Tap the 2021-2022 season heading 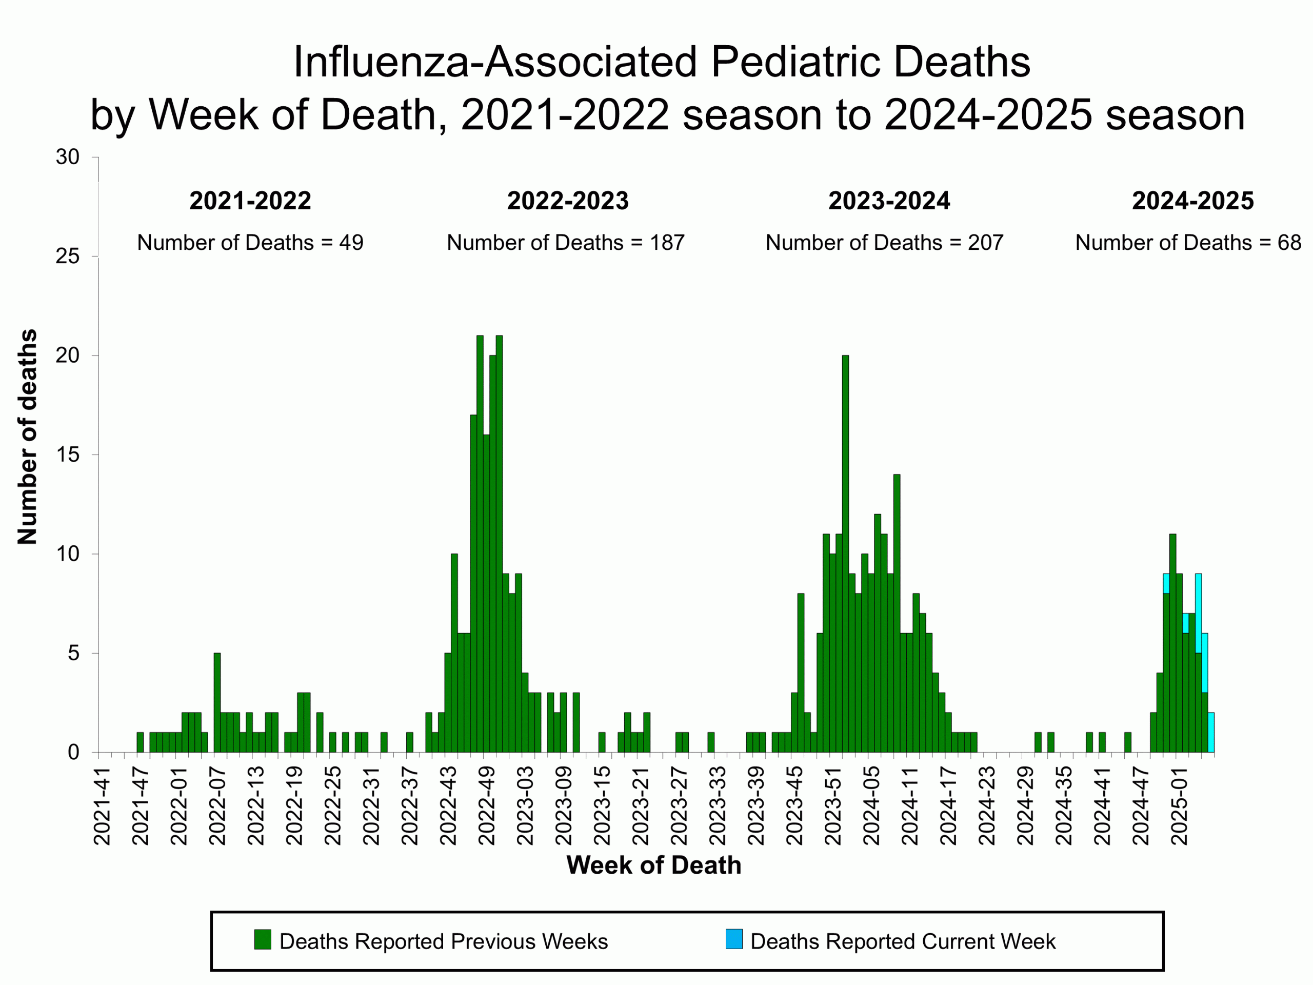[250, 201]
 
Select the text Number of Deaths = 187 [565, 243]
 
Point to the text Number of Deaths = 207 [884, 243]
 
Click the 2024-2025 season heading [1192, 201]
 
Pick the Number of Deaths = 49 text [250, 243]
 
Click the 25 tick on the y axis [68, 257]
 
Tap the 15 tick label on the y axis [68, 455]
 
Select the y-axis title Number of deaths [27, 437]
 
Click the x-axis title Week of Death [653, 865]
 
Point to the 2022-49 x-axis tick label [487, 805]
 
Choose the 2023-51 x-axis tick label [833, 805]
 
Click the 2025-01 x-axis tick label [1179, 805]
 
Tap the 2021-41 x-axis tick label [102, 805]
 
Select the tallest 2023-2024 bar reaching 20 [845, 552]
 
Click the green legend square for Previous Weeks [263, 940]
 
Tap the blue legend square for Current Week [733, 940]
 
